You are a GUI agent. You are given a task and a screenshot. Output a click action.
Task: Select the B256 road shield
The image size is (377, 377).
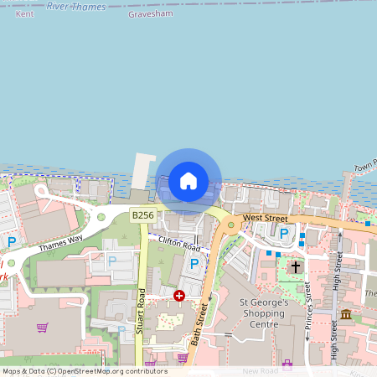142,215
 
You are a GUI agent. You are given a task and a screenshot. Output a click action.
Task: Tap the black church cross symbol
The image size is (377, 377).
295,267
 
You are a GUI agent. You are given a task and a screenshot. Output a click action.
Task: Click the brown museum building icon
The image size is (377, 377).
346,314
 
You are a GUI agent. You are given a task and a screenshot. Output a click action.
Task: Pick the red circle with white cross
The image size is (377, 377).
179,296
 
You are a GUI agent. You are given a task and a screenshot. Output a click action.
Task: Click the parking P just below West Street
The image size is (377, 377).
283,234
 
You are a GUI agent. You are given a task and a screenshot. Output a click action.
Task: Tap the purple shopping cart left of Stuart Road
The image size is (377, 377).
42,328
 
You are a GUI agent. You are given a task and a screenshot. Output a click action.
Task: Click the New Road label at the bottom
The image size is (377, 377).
259,370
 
